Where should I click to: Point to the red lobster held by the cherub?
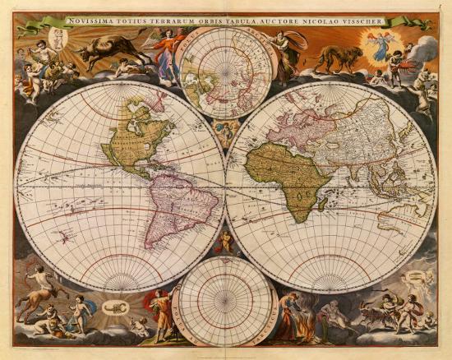[x=402, y=64]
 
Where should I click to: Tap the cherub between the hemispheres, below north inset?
[x=224, y=132]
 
